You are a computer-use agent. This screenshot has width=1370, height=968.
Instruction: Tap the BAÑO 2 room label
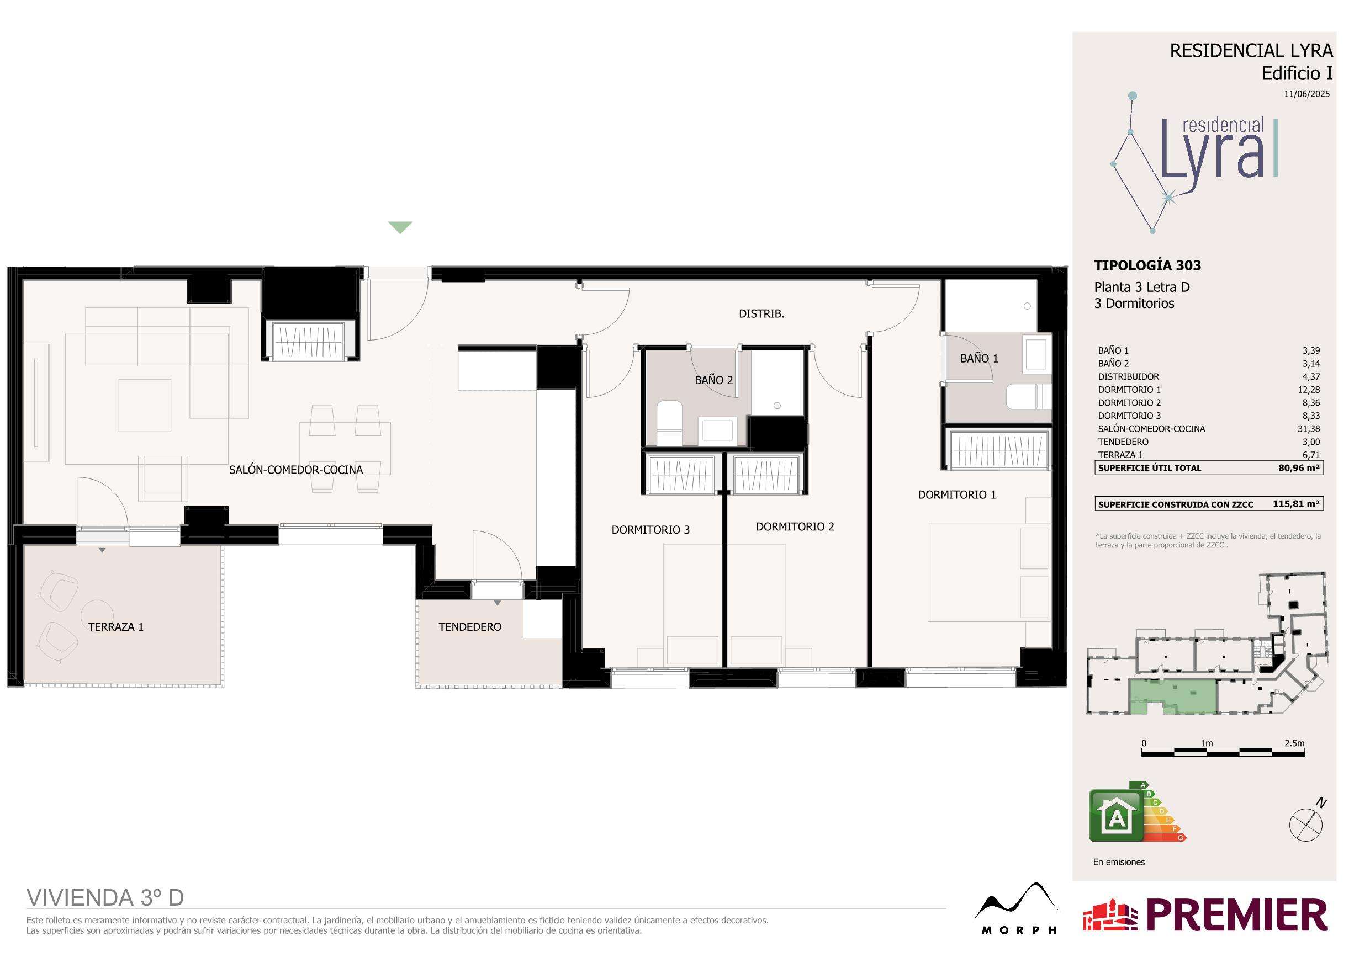713,380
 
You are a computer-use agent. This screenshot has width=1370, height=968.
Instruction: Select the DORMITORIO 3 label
650,530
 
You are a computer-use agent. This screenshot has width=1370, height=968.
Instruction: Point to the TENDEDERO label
469,627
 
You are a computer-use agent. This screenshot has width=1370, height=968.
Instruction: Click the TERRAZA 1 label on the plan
116,627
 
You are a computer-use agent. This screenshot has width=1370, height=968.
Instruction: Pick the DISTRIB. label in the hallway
761,313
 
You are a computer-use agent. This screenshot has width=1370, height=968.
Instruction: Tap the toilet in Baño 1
1029,397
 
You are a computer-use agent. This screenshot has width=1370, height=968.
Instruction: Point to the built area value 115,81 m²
1295,503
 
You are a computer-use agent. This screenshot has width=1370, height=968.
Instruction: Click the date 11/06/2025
1306,94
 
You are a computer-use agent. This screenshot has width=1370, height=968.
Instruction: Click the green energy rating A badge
1117,815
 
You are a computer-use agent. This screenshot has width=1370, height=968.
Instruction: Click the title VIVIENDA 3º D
105,897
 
